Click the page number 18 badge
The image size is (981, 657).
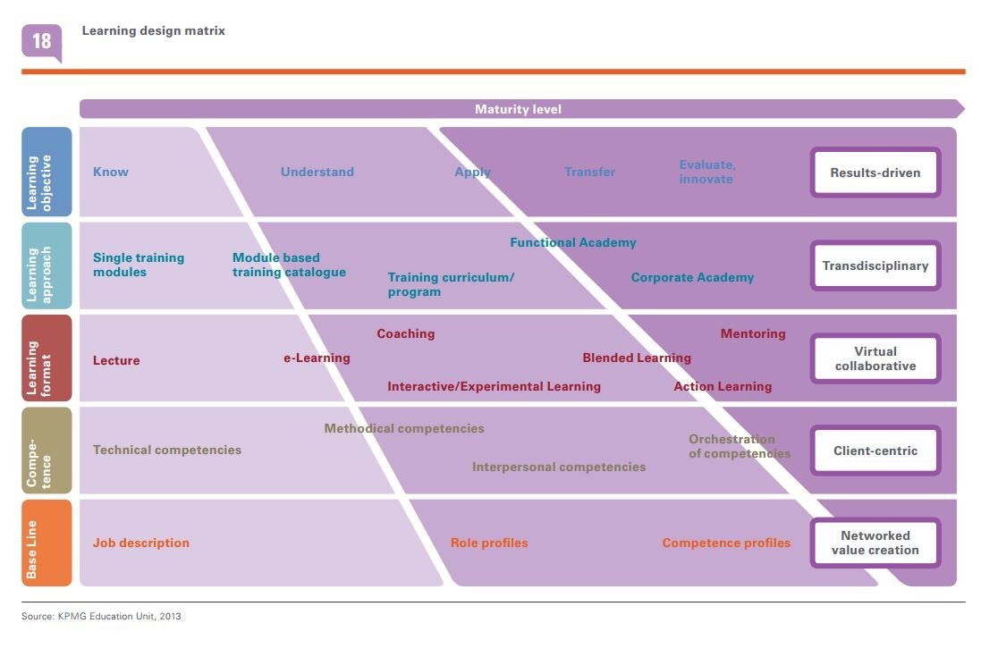point(41,41)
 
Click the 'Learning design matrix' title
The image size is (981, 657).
point(153,30)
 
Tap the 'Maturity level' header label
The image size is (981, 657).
point(518,109)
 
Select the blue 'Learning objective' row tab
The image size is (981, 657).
point(47,172)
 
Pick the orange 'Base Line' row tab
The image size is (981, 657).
point(47,543)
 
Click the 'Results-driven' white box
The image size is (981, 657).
point(875,173)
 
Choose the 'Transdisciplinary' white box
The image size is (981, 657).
point(875,265)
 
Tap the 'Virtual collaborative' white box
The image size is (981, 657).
point(875,358)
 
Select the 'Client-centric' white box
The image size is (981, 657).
point(875,451)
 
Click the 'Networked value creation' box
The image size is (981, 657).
point(875,543)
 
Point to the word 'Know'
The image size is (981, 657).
point(111,172)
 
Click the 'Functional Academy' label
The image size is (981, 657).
point(572,242)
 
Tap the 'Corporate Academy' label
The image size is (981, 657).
point(692,277)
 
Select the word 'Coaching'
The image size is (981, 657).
point(405,333)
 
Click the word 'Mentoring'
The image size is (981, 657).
point(752,333)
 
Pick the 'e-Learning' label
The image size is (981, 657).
point(317,358)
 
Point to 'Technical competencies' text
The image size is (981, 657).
point(166,450)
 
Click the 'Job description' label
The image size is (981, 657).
point(140,543)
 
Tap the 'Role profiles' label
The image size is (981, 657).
point(488,543)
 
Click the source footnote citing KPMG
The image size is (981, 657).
point(101,616)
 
